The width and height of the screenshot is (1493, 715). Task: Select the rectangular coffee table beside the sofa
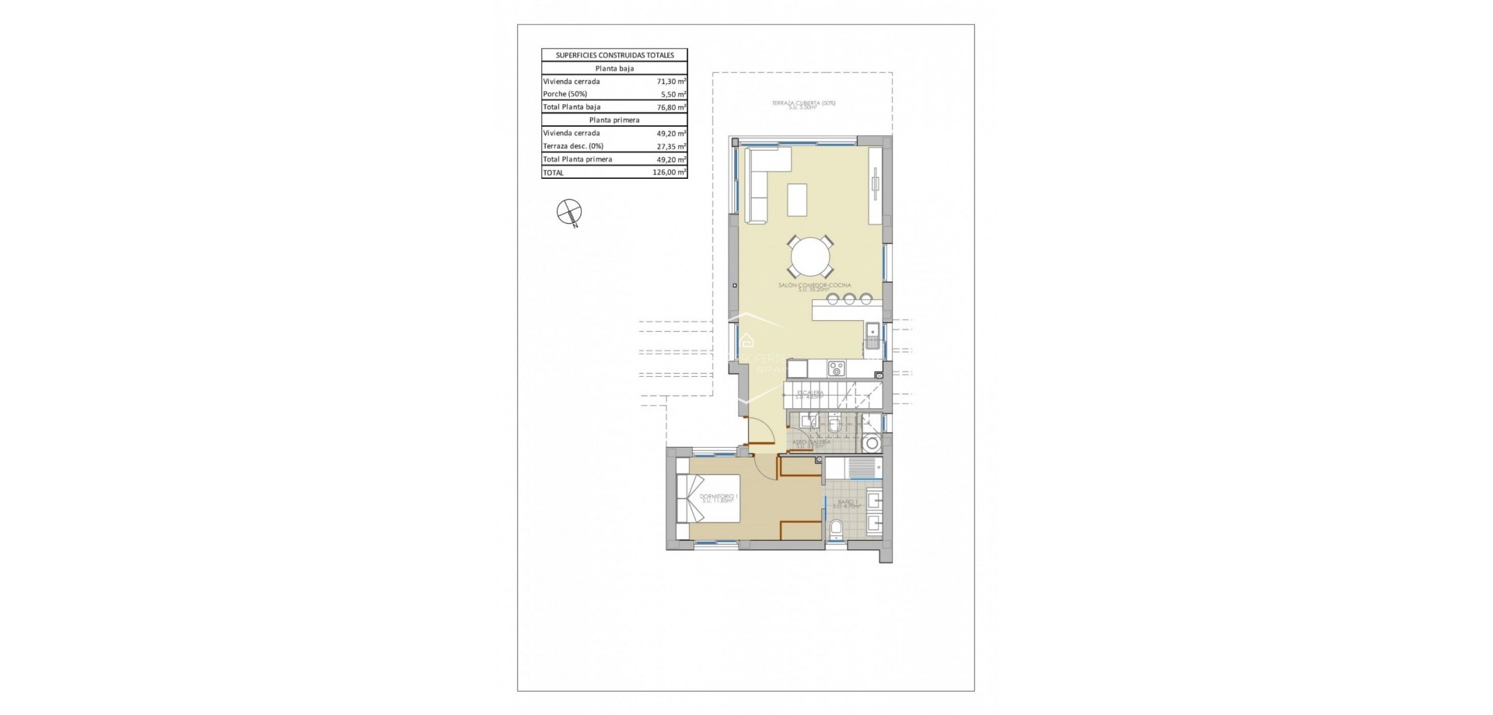click(x=798, y=199)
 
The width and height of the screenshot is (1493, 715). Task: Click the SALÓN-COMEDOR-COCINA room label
click(x=814, y=286)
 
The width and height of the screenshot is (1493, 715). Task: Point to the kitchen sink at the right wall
click(x=872, y=336)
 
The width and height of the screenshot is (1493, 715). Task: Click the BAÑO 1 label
click(x=847, y=503)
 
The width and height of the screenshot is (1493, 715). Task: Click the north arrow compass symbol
click(x=569, y=211)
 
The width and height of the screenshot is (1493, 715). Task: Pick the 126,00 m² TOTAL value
click(x=669, y=173)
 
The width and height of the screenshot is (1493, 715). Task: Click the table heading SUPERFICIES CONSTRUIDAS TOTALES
click(x=614, y=55)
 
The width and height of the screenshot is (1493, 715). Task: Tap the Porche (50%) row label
click(x=565, y=94)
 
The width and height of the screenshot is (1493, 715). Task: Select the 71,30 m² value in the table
click(x=670, y=82)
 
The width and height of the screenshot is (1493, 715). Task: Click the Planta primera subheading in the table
click(x=614, y=120)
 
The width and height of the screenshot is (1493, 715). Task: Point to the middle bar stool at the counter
click(x=848, y=298)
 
